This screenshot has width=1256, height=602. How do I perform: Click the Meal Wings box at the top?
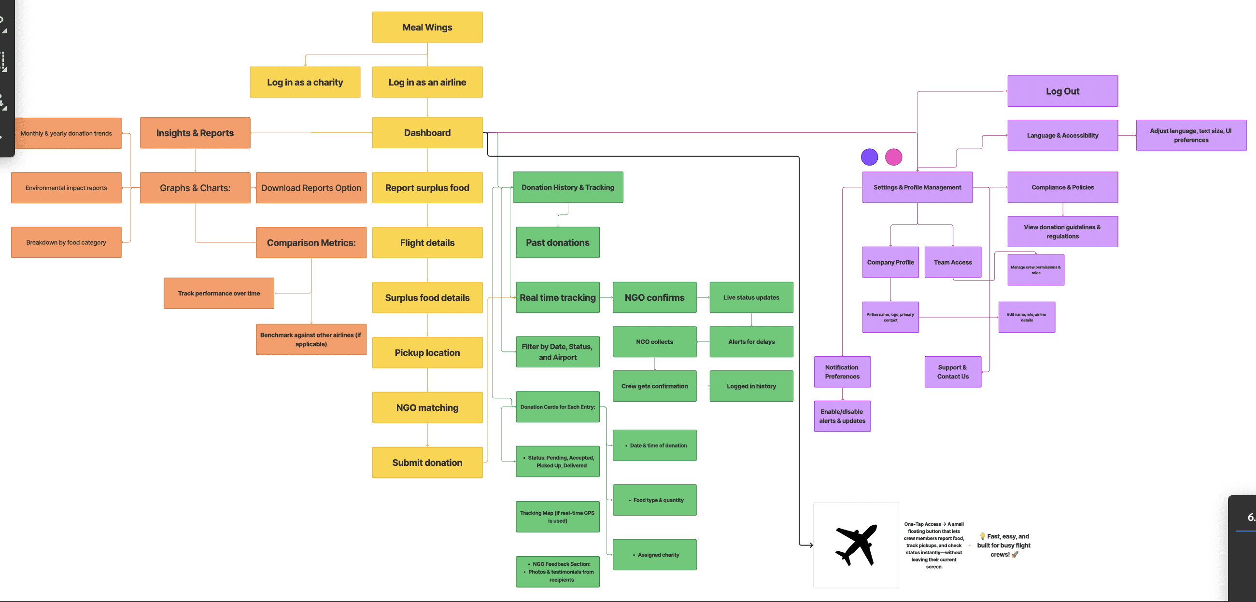427,28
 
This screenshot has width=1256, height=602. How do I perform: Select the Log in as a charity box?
305,83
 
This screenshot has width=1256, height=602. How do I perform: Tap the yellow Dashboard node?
427,133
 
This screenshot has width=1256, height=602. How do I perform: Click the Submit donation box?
427,462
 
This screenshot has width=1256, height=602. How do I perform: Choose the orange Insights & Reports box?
195,133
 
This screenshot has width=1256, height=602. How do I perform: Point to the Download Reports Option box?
311,188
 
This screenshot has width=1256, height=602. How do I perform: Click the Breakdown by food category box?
66,242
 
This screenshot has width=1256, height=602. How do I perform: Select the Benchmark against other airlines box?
311,339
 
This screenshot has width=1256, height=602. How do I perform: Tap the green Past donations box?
557,242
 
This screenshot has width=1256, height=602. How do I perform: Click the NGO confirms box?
654,297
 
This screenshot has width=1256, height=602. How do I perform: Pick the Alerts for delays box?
751,342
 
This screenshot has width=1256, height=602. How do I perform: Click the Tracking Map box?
557,517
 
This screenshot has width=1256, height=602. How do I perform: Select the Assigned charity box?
654,555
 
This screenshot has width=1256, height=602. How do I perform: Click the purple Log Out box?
1062,91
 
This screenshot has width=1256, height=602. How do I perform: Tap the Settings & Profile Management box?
917,187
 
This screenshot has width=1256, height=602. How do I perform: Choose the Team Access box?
953,262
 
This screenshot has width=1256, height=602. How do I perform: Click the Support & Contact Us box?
953,372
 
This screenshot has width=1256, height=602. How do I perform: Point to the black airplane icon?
857,545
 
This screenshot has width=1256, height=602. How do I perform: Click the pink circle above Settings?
893,157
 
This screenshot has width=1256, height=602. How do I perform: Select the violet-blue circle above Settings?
869,157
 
